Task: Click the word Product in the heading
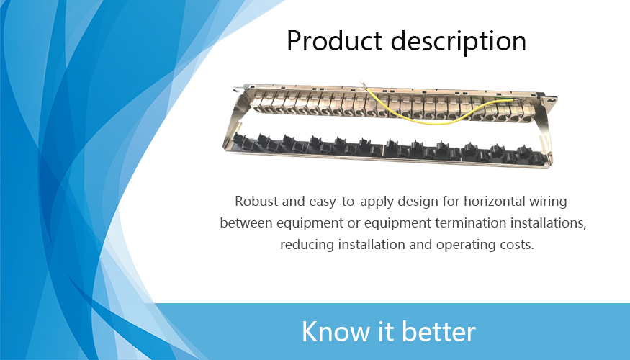[x=334, y=40]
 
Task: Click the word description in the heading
[x=459, y=41]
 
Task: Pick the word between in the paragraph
[x=246, y=222]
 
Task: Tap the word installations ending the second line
[x=549, y=222]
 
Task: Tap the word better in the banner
[x=438, y=331]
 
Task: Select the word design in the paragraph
[x=420, y=202]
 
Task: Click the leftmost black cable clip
[x=242, y=141]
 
